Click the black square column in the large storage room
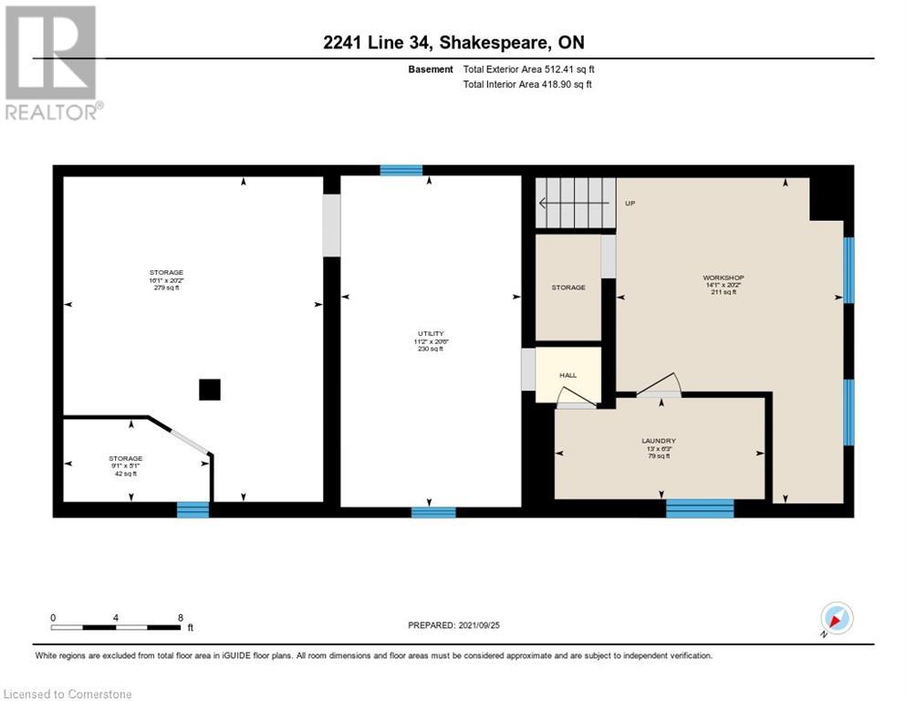[x=210, y=390]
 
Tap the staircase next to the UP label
[x=575, y=203]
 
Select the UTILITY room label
[x=429, y=340]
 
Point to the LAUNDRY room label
[x=658, y=448]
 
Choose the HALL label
[x=568, y=375]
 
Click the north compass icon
[x=836, y=619]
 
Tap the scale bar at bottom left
[x=116, y=627]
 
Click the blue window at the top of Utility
[x=401, y=170]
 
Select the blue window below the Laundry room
[x=700, y=508]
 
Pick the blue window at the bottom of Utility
[x=433, y=512]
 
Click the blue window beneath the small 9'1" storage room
[x=193, y=509]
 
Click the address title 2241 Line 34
[x=453, y=43]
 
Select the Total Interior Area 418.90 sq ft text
[x=527, y=85]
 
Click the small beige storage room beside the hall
[x=568, y=288]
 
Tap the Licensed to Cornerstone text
[x=68, y=695]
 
